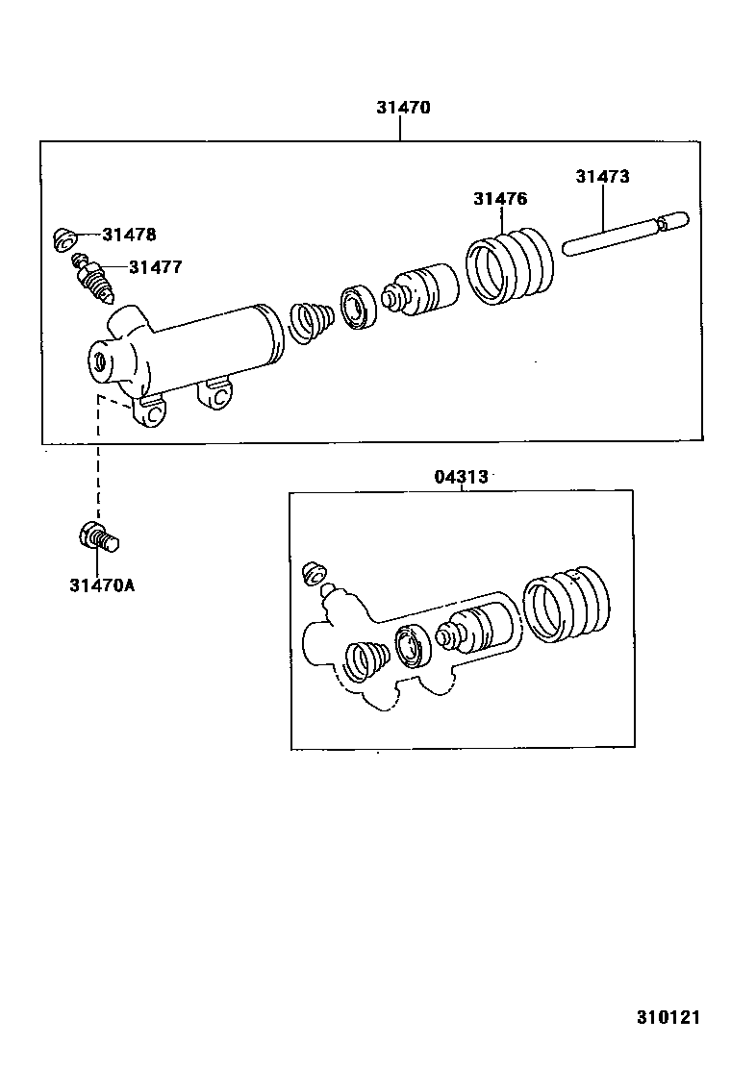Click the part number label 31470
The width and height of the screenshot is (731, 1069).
click(402, 108)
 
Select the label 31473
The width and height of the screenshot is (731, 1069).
click(602, 176)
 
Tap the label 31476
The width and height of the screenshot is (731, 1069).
click(499, 199)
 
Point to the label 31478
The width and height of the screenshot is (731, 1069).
click(129, 234)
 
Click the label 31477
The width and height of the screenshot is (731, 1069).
click(155, 267)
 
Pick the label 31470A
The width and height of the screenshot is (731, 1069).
click(101, 584)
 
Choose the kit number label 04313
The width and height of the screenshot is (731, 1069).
click(461, 476)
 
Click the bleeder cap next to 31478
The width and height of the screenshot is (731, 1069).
click(66, 236)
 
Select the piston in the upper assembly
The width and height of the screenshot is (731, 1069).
click(422, 288)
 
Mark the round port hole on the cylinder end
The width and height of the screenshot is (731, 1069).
click(99, 362)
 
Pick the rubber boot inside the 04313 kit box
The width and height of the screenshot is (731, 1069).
click(567, 605)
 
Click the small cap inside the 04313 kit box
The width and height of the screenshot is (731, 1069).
click(312, 573)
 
